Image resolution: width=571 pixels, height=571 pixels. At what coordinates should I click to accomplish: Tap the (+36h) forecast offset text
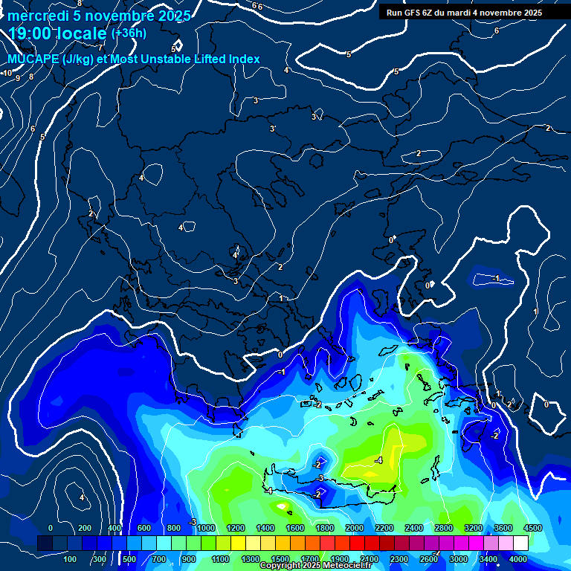point(129,33)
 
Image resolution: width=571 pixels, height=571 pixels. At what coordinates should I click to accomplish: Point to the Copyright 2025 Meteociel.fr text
point(315,566)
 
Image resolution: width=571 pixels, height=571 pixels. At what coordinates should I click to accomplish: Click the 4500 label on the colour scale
point(532,528)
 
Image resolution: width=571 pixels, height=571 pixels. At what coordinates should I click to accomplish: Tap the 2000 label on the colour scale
point(355,528)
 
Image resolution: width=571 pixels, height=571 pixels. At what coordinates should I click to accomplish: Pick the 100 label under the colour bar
point(70,559)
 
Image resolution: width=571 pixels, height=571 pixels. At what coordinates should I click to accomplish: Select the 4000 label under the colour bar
point(518,559)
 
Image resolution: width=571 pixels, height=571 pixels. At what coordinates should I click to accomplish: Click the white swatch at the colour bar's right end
point(520,543)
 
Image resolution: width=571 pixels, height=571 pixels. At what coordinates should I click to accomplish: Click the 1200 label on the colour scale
point(236,528)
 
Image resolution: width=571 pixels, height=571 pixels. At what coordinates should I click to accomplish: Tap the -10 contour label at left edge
point(7,73)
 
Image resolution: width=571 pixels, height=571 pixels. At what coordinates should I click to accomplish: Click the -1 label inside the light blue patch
point(497,278)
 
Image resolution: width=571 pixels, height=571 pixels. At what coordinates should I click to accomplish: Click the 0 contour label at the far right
point(546,404)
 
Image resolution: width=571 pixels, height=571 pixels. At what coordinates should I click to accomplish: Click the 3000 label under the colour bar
point(459,559)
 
